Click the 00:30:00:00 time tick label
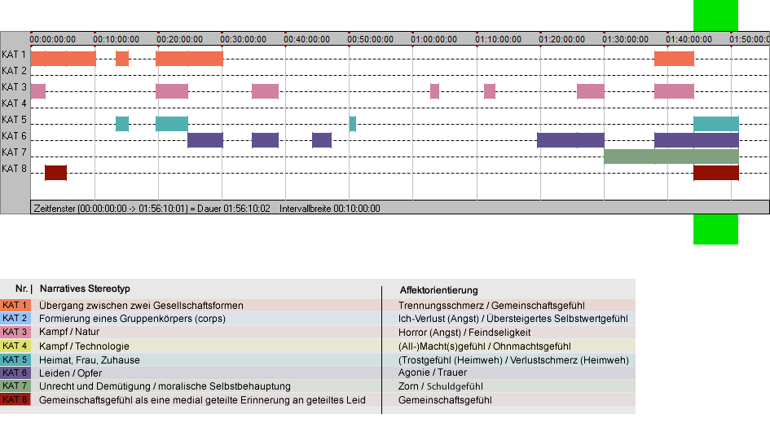click(x=243, y=39)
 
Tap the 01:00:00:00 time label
click(x=434, y=39)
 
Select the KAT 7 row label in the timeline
click(x=14, y=152)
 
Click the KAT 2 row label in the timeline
click(x=14, y=71)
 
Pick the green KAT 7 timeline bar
click(x=671, y=156)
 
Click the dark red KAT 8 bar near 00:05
click(x=56, y=173)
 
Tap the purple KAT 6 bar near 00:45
click(x=322, y=140)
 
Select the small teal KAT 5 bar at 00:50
click(x=353, y=124)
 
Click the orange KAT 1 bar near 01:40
click(x=674, y=59)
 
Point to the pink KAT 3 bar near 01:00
click(x=434, y=91)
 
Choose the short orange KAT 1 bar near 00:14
click(x=122, y=59)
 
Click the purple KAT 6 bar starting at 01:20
click(x=570, y=140)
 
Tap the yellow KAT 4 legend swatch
click(x=15, y=346)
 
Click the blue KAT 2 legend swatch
click(x=15, y=319)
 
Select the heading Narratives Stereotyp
click(x=85, y=289)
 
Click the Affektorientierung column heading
click(x=438, y=290)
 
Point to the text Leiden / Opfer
click(x=71, y=373)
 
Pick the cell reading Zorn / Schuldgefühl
click(x=441, y=386)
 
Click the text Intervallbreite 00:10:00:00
click(x=330, y=209)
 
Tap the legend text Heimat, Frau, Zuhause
click(x=90, y=359)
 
